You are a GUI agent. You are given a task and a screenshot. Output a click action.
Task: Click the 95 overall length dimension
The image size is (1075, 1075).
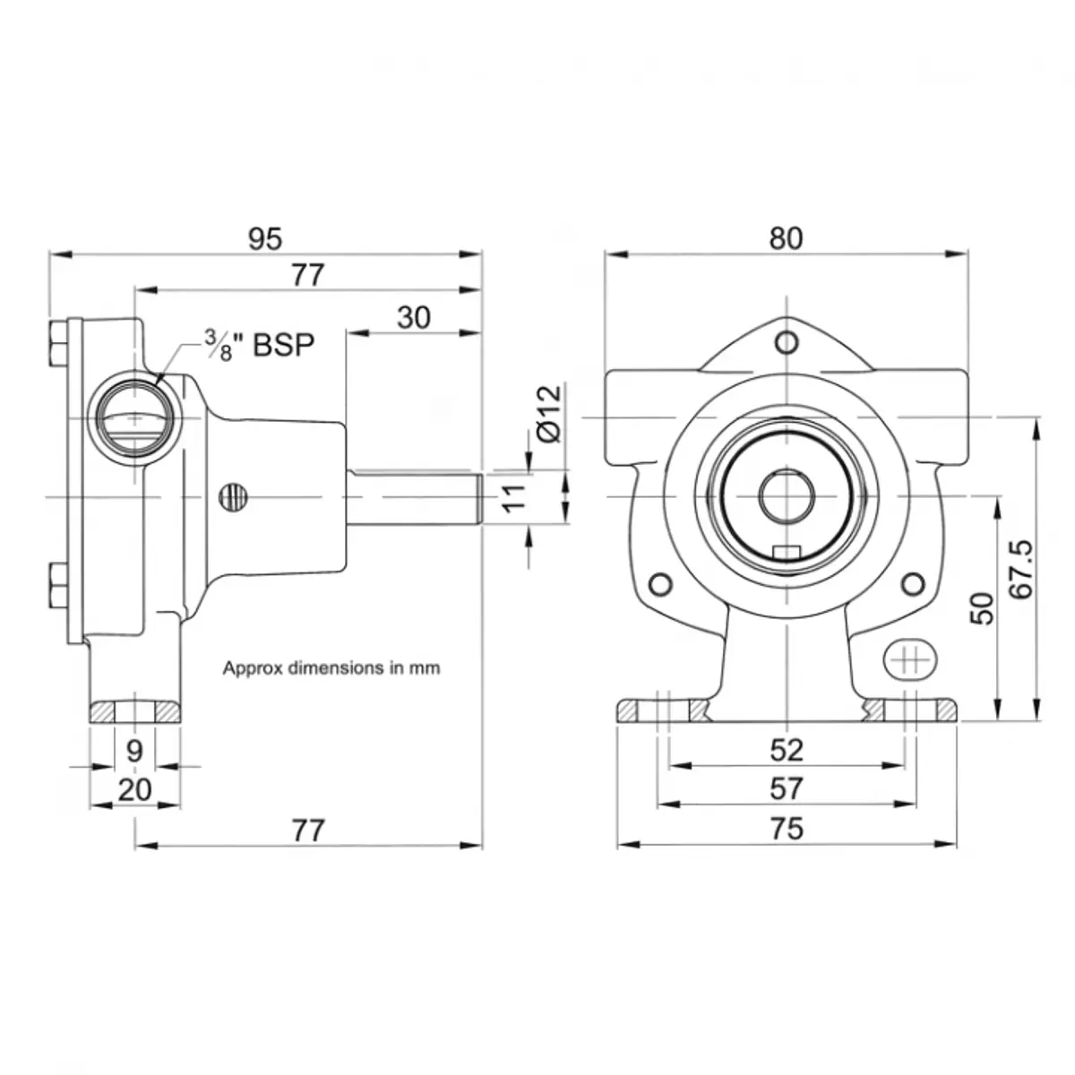coord(265,239)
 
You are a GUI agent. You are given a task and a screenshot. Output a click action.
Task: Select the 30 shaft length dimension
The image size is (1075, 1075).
coord(413,317)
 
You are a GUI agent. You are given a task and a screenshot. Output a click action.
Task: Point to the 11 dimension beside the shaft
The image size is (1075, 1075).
coord(512,498)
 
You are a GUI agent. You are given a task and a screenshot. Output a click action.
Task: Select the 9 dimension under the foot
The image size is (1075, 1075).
coord(134,751)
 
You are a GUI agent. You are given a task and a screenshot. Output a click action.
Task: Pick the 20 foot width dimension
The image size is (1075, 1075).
coord(134,790)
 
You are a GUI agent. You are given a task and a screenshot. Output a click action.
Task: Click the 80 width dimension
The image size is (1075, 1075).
coord(786,239)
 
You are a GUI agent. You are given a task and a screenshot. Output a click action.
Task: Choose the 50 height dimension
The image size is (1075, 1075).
coord(983,608)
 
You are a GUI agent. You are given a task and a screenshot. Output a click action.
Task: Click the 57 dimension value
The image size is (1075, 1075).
coord(786,789)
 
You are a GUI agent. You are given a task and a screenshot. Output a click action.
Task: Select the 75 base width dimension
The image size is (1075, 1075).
coord(786,829)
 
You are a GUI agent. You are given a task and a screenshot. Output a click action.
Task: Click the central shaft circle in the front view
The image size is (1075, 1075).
coord(786,496)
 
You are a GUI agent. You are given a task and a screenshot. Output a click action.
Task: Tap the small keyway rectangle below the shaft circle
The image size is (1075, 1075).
coord(786,552)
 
